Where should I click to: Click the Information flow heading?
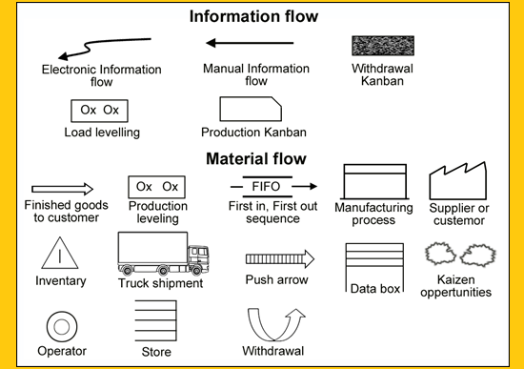coord(253,16)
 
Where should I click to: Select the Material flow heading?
coord(256,158)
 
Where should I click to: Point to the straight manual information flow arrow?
coord(250,43)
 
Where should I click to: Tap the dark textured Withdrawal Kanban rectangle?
coord(383,46)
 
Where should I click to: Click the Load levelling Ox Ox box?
coord(99,111)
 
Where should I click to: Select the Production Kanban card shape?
coord(251,109)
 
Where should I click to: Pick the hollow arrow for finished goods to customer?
coord(63,189)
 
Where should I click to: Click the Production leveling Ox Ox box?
coord(157,187)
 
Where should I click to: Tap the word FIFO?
coord(266,186)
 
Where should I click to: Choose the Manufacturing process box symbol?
coord(375,182)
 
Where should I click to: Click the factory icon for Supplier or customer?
coord(458,181)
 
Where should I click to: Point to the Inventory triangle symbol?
coord(60,253)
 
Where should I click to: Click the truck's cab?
coord(198,257)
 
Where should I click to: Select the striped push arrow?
coord(280,259)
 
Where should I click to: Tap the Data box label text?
coord(375,289)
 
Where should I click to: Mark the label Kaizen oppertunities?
coord(455,286)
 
